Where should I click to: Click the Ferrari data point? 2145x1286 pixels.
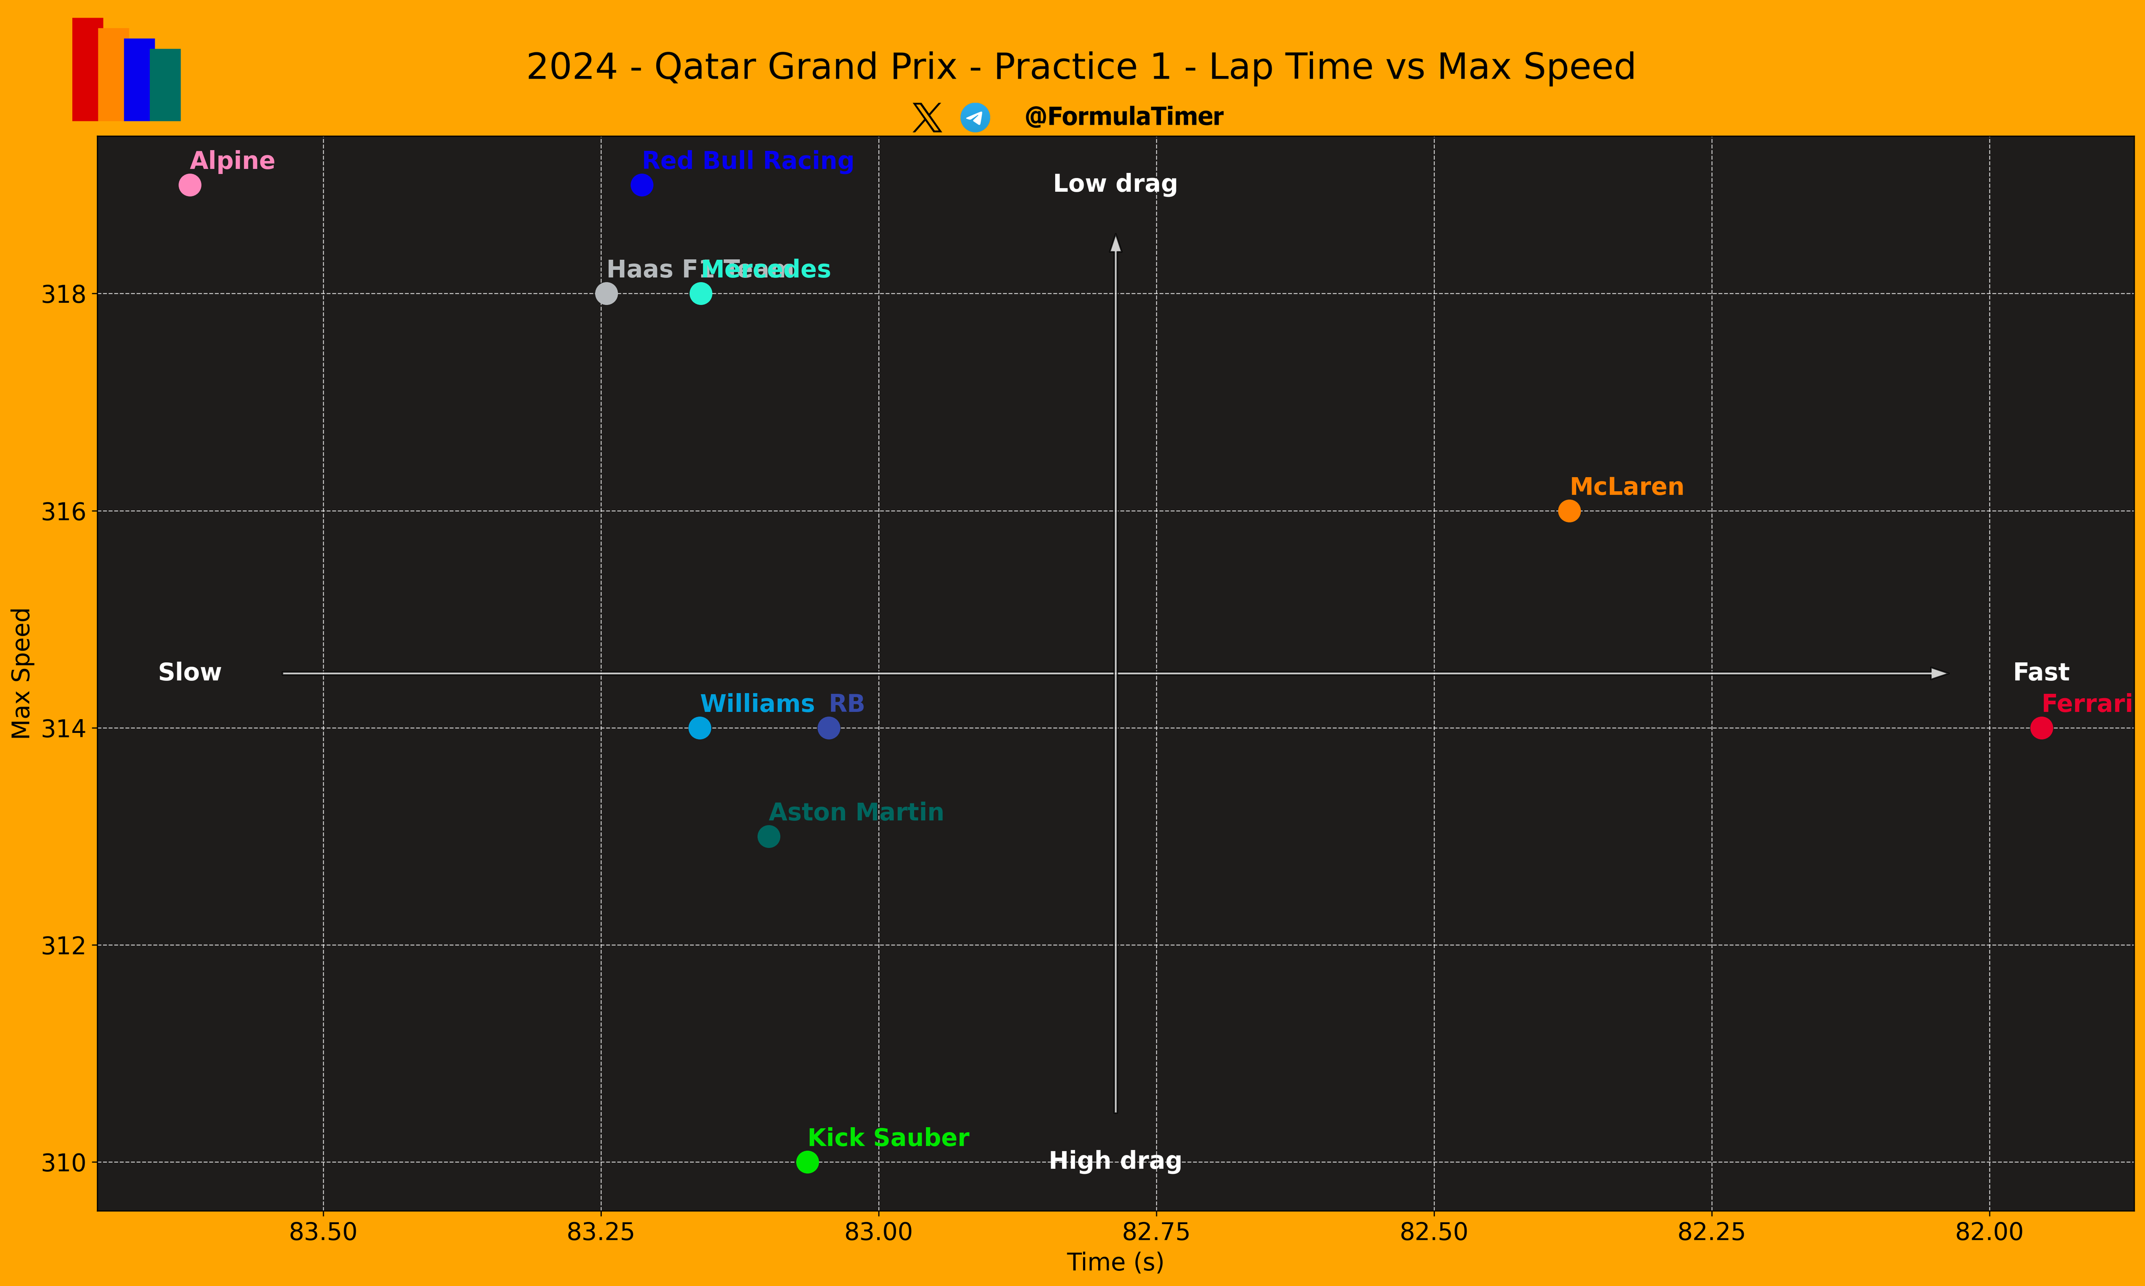[2041, 728]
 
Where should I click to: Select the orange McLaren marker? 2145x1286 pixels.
[1569, 511]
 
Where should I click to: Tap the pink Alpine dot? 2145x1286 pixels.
[190, 185]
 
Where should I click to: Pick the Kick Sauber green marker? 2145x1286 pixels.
[806, 1161]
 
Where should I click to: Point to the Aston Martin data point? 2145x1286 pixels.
[768, 836]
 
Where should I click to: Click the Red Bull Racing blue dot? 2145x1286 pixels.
[641, 185]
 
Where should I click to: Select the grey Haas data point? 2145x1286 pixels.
[606, 294]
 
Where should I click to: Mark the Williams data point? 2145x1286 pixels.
[699, 728]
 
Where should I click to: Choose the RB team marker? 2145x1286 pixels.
[828, 728]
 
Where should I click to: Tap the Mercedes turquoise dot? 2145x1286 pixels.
[700, 294]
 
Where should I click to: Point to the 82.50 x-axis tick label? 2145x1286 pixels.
[1434, 1232]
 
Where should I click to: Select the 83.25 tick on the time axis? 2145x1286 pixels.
[600, 1232]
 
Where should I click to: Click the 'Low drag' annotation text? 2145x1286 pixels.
[1115, 184]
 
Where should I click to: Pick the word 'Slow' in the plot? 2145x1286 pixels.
[190, 673]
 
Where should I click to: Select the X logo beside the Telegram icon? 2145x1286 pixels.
[927, 117]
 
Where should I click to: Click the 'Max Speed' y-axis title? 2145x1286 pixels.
[21, 673]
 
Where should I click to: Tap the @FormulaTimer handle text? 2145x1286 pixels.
[1124, 117]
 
